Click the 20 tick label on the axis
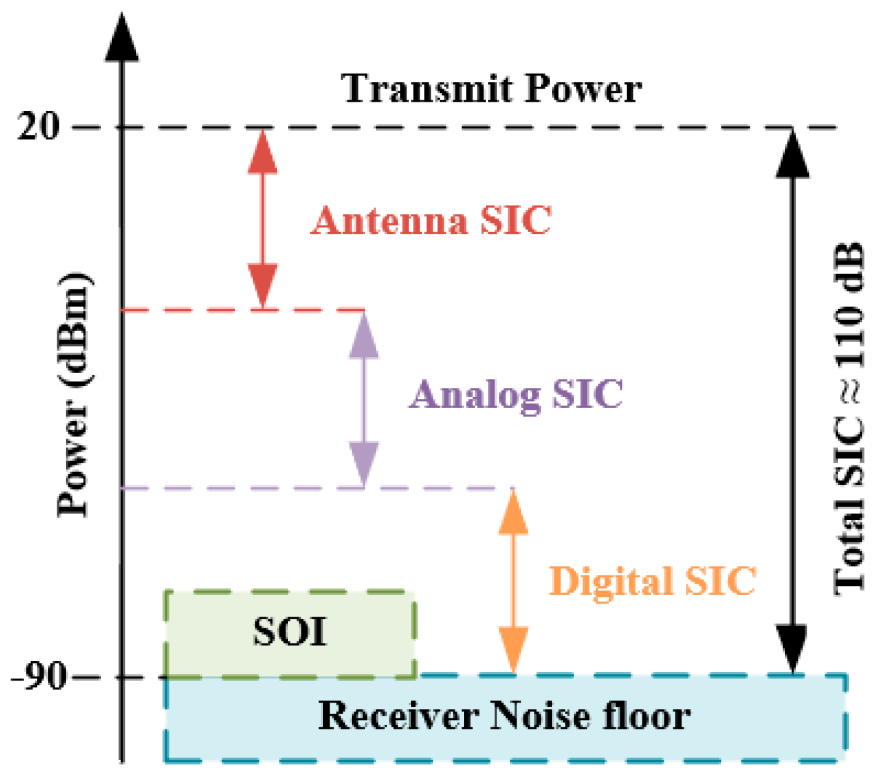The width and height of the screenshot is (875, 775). point(38,125)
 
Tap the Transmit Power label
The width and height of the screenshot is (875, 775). point(492,89)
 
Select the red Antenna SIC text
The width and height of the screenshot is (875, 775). point(431,220)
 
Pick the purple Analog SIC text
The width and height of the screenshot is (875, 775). point(516,394)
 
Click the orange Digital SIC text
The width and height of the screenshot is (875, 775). point(652,581)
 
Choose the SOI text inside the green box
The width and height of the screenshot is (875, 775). point(290,632)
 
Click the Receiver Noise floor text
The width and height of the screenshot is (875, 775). point(504,716)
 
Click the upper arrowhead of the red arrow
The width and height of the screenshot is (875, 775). point(263,152)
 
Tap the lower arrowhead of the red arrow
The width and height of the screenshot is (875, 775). point(263,285)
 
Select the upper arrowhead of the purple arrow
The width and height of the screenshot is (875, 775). point(364,336)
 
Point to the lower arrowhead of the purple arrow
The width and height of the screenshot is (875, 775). point(364,463)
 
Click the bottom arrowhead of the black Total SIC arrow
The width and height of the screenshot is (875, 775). point(792,648)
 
